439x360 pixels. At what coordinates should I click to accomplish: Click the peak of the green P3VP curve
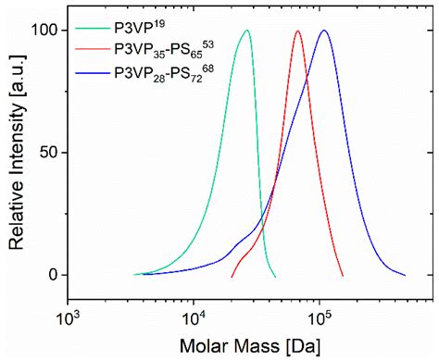coord(246,31)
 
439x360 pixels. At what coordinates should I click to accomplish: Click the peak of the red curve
coord(297,31)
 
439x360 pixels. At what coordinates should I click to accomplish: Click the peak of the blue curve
coord(324,31)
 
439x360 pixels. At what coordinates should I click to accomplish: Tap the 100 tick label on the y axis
coord(42,31)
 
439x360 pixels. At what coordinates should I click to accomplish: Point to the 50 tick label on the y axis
coord(46,152)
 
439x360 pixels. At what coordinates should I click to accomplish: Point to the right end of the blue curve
coord(406,275)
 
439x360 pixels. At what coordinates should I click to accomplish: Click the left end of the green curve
coord(134,275)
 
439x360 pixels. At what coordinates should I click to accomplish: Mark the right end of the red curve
coord(343,276)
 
